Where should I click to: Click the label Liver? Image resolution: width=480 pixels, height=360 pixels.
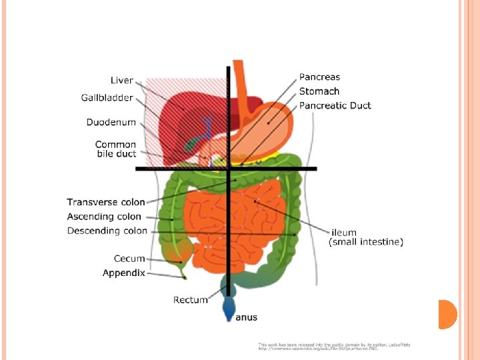121,81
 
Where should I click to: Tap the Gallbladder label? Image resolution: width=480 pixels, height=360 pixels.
107,98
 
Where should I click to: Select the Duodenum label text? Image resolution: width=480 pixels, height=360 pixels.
111,122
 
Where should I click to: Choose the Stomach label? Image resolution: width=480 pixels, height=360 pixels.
319,91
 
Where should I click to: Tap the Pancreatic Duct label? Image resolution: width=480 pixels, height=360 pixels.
335,105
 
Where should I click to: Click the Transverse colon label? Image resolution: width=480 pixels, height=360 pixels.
105,202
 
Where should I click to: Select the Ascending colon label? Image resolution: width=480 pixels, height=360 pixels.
104,217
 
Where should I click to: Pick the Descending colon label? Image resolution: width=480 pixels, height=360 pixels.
107,231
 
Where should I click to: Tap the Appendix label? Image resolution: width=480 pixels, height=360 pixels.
123,273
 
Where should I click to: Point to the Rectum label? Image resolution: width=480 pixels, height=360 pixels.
190,300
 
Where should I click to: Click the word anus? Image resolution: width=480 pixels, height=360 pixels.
246,317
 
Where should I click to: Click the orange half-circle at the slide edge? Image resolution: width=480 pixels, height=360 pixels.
446,314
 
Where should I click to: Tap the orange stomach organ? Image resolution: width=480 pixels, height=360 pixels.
267,127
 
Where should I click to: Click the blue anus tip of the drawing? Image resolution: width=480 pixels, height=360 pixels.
229,310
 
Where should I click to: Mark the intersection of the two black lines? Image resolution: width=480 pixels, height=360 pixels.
229,169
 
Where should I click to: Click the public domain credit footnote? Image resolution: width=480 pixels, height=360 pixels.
333,347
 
